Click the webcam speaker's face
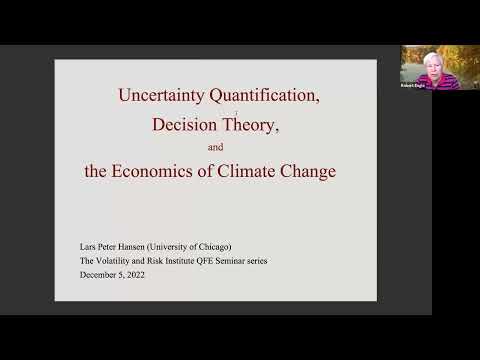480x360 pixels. click(x=418, y=62)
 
